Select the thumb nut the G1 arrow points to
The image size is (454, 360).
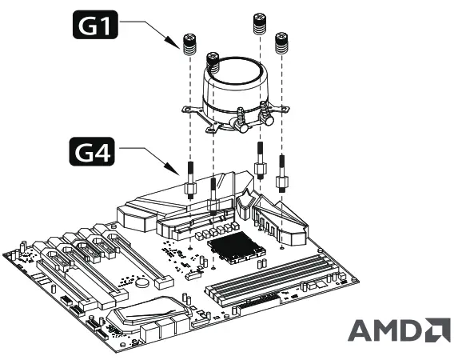[190, 46]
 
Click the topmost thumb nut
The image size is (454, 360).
[260, 24]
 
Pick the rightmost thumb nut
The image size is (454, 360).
[281, 44]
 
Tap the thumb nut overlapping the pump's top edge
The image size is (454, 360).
[213, 62]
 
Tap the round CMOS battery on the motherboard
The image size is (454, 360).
[142, 281]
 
